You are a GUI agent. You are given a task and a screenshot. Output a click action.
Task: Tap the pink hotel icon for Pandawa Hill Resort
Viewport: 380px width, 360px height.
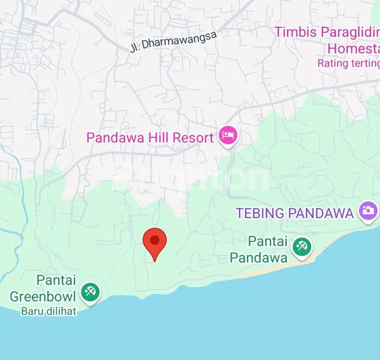[x=227, y=135]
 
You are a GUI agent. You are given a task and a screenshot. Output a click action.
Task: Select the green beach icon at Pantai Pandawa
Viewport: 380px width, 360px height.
[x=301, y=248]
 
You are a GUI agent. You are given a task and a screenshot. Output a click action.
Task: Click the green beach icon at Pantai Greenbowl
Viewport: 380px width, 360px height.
[x=91, y=292]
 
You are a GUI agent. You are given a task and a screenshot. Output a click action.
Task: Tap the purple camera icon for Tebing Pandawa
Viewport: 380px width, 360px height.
[x=367, y=210]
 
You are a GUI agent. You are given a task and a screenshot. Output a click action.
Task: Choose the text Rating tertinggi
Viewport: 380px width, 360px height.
[x=348, y=63]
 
